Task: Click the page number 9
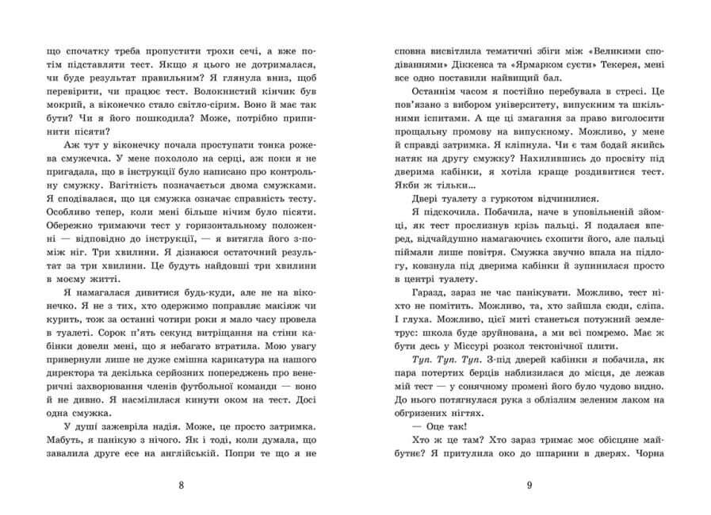coord(529,485)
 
